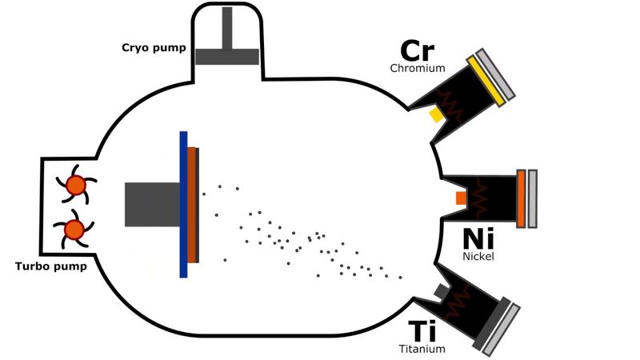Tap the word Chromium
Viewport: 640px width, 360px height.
[x=418, y=69]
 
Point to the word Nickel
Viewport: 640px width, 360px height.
[x=479, y=256]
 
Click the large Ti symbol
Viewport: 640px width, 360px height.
[x=422, y=331]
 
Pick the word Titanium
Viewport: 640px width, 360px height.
[x=422, y=349]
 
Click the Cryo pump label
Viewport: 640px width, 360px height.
[x=159, y=48]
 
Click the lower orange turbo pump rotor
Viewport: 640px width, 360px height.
[x=74, y=230]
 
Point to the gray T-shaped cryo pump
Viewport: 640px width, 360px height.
[x=227, y=48]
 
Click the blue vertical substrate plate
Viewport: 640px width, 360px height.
[x=183, y=204]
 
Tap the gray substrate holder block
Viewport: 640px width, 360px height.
[x=152, y=204]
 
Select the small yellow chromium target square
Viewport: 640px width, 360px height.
[x=436, y=115]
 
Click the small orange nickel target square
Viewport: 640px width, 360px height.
[x=460, y=197]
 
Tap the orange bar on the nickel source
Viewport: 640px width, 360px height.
[x=522, y=198]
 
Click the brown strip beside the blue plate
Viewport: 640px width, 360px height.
[x=193, y=205]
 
